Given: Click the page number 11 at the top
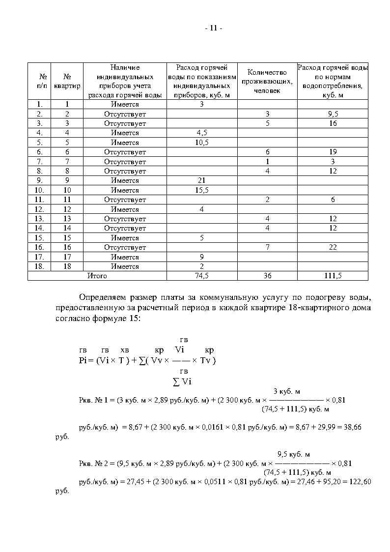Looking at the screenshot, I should pyautogui.click(x=213, y=28).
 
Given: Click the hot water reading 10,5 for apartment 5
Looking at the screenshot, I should pyautogui.click(x=202, y=143).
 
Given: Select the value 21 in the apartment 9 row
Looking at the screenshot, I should pyautogui.click(x=202, y=180).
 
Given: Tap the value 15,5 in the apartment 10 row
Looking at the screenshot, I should pyautogui.click(x=202, y=190).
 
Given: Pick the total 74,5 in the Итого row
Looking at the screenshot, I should pyautogui.click(x=202, y=276).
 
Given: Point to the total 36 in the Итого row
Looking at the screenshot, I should pyautogui.click(x=267, y=276).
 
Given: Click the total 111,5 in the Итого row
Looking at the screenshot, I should pyautogui.click(x=333, y=276).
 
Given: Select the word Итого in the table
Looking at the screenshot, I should pyautogui.click(x=97, y=276).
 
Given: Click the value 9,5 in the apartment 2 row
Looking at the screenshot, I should pyautogui.click(x=333, y=114).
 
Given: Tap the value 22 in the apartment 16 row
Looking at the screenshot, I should pyautogui.click(x=333, y=247).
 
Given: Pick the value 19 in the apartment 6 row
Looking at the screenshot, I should pyautogui.click(x=333, y=152).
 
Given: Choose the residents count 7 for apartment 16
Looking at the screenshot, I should pyautogui.click(x=267, y=247).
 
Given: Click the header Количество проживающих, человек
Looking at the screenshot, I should pyautogui.click(x=267, y=81).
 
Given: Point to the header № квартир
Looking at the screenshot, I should pyautogui.click(x=67, y=81).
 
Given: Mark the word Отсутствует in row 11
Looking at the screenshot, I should pyautogui.click(x=125, y=200).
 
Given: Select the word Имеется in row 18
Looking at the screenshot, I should pyautogui.click(x=125, y=266).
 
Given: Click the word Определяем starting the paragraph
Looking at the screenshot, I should pyautogui.click(x=102, y=298).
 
